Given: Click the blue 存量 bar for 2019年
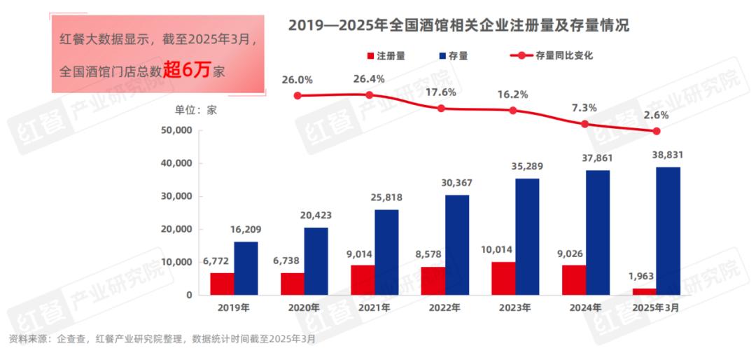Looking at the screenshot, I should coord(246,268).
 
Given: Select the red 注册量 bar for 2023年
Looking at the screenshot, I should coord(503,278).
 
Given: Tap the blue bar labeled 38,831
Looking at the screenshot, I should coord(668,231).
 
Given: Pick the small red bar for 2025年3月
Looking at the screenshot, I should coord(645,291).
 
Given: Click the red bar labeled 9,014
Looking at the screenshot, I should coord(363,279).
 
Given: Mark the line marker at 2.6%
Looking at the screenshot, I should coord(657,131).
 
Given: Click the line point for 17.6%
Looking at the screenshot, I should coord(441,109).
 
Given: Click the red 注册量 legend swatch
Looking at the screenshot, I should coord(370,55).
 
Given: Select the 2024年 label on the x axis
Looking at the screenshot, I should coord(586,307).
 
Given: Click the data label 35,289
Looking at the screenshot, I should coord(527,167).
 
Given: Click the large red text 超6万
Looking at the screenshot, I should coord(188,70).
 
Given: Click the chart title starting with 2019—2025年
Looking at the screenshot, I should coord(458,27).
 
